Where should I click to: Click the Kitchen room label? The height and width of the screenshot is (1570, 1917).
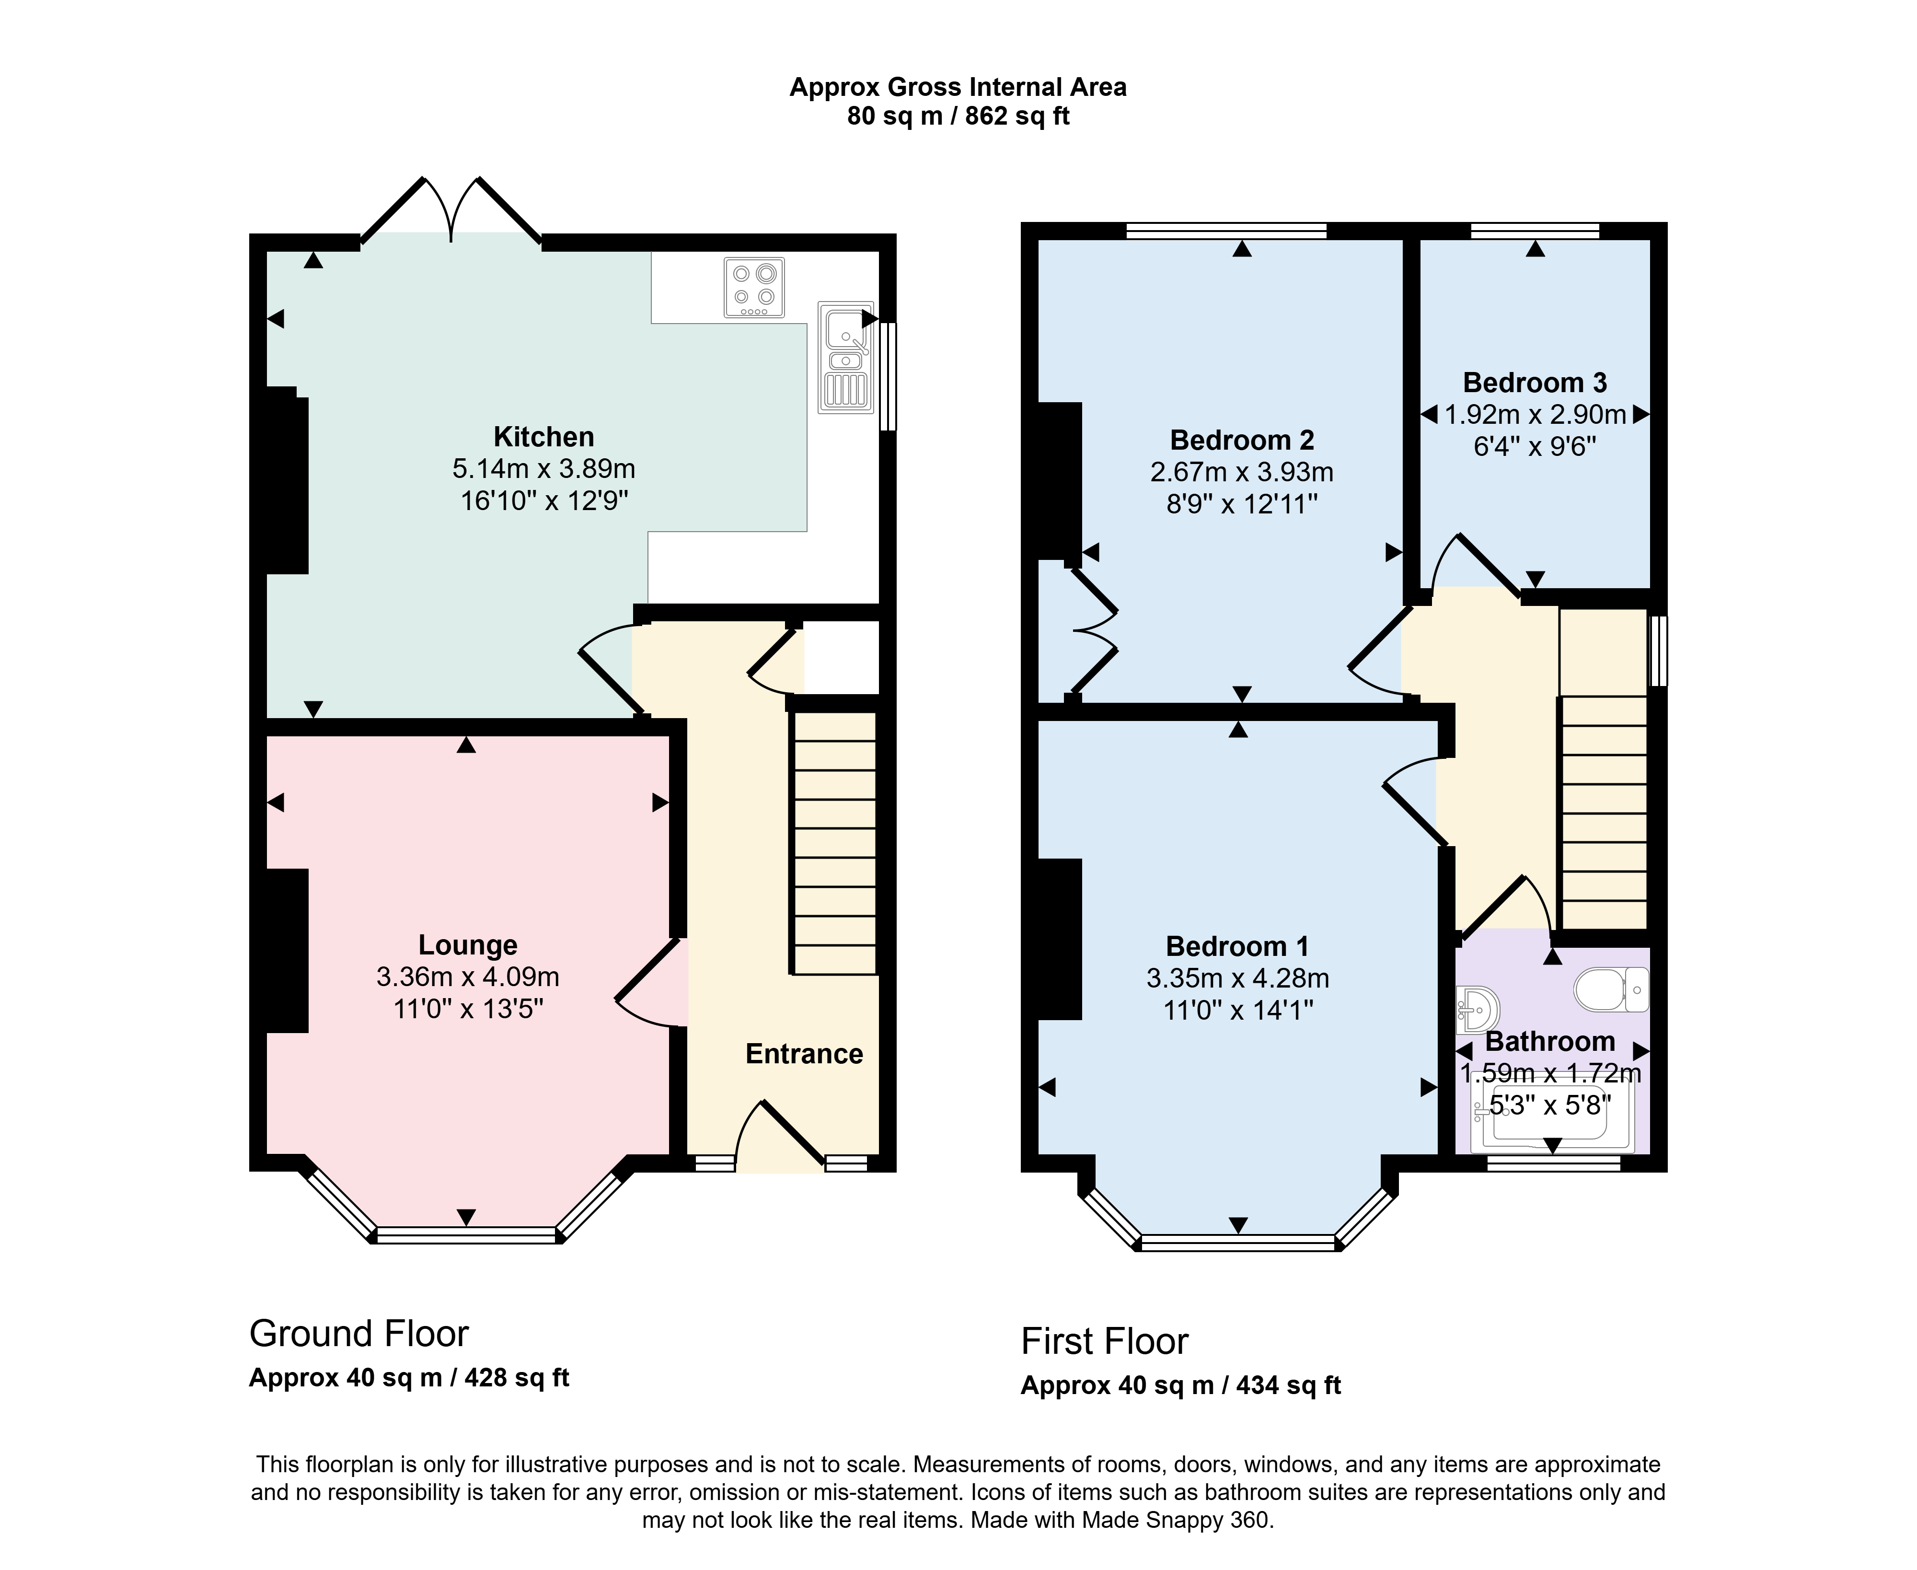click(543, 437)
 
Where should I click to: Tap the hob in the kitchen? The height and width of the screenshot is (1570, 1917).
click(754, 288)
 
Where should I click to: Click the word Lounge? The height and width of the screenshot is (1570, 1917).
click(467, 945)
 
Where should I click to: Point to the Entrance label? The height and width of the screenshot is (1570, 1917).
click(804, 1054)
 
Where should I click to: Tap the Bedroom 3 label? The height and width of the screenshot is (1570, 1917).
click(1535, 383)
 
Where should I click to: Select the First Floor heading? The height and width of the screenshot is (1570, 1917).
click(1104, 1341)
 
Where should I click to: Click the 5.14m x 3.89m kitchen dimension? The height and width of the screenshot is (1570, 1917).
click(543, 468)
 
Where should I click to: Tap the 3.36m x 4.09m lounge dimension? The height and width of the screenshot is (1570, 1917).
click(467, 977)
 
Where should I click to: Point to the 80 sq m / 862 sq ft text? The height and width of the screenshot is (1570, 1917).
click(958, 116)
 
